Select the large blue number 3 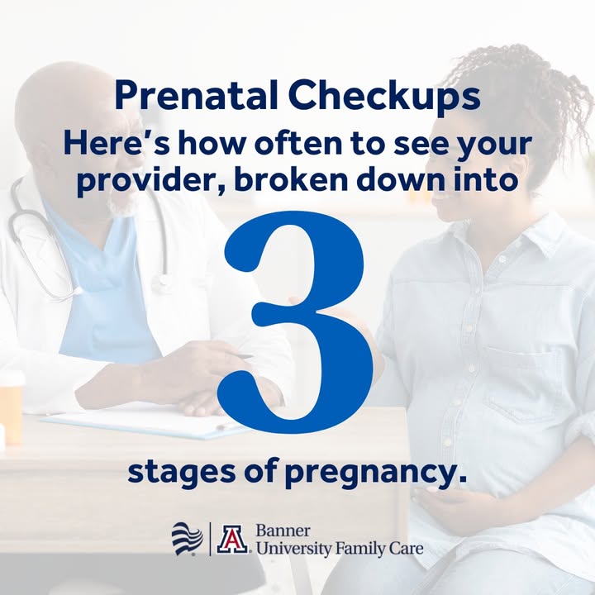(x=296, y=322)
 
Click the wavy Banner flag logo (x=188, y=539)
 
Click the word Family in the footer (x=359, y=549)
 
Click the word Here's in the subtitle (x=116, y=143)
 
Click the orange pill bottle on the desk (x=12, y=410)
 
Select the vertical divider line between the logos (x=210, y=539)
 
